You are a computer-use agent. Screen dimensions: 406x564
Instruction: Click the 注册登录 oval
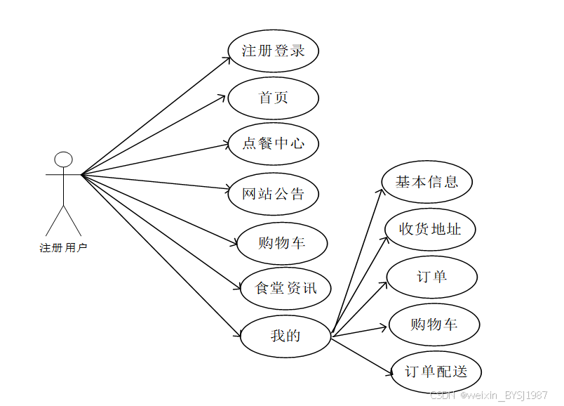coord(274,51)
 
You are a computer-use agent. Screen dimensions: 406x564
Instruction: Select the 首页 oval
coord(274,98)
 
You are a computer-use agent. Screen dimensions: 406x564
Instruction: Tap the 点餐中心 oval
coord(274,143)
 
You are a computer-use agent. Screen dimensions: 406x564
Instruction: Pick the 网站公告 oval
coord(274,194)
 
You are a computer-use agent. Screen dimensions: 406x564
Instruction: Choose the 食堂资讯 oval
coord(286,287)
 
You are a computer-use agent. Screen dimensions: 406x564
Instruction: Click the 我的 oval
coord(286,336)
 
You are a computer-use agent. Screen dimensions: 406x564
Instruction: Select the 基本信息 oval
coord(427,182)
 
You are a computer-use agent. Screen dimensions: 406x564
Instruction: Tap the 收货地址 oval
coord(430,228)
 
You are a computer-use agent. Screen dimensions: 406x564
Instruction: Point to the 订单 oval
coord(432,276)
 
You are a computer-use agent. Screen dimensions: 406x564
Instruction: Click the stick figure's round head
coord(64,159)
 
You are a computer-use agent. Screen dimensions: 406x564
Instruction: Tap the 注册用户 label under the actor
coord(64,247)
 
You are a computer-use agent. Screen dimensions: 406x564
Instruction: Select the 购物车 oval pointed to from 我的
coord(434,325)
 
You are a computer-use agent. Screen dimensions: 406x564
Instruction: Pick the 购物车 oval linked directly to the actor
coord(281,243)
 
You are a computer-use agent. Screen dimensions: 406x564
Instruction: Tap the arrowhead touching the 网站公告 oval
coord(227,189)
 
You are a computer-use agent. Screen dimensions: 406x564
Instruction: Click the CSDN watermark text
coord(488,395)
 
